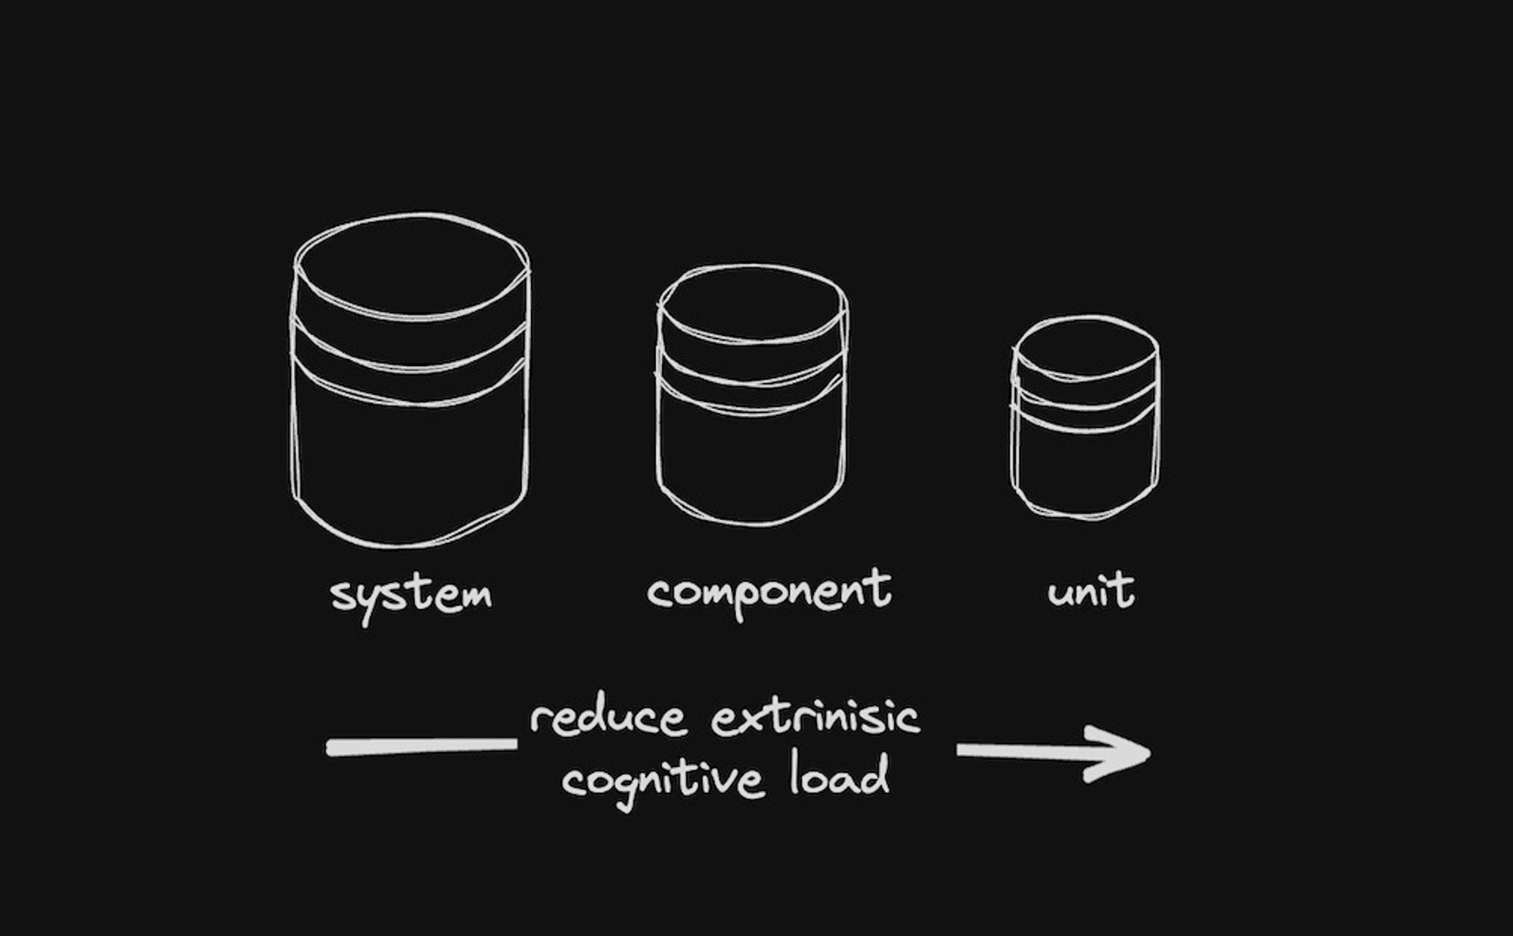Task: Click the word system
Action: coord(412,595)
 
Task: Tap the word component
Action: coord(769,591)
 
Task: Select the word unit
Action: coord(1091,591)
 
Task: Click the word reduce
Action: coord(608,717)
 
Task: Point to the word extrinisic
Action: coord(816,717)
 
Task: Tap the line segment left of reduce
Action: coord(421,746)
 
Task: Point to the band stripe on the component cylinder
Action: coord(750,378)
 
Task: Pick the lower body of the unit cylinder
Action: coord(1085,469)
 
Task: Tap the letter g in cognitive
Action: coord(623,786)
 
